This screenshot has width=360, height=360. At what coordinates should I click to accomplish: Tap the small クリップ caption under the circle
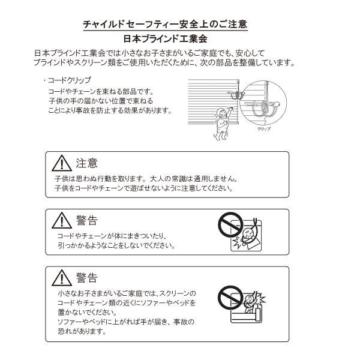click(x=264, y=128)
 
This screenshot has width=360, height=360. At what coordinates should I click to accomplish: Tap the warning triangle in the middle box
click(x=61, y=221)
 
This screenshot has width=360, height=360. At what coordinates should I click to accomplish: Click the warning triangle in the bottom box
click(x=61, y=277)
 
